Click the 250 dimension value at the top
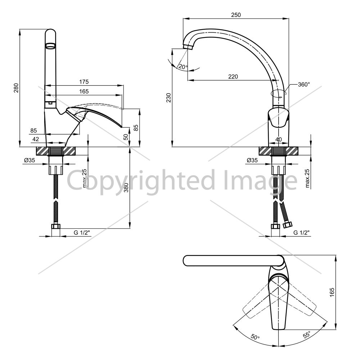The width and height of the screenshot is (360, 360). point(236,15)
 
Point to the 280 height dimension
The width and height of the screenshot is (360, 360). point(16,88)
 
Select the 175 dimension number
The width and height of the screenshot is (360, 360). point(84,82)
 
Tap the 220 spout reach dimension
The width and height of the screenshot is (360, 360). point(233,76)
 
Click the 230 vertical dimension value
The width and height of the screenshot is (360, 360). point(169,98)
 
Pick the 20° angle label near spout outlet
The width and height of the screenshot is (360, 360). point(183,67)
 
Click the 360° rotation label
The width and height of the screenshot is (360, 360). point(304,85)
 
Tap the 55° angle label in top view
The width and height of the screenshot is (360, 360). point(307,334)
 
